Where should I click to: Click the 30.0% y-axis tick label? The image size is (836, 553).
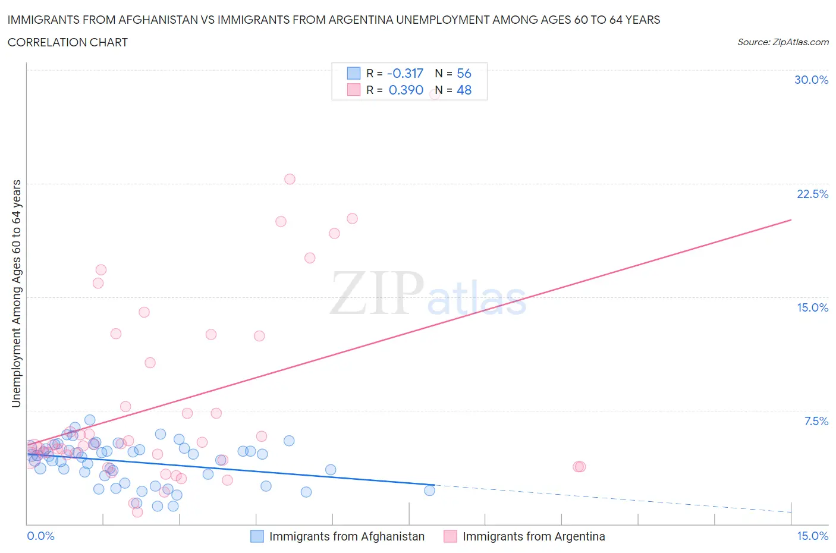(x=811, y=80)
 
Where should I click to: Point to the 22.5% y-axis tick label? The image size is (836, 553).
(x=812, y=194)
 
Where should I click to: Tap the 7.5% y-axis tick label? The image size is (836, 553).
(x=816, y=421)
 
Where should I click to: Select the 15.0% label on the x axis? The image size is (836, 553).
(x=812, y=536)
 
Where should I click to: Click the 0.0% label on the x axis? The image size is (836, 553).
(x=40, y=536)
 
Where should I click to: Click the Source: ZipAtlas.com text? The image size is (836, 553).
(x=782, y=42)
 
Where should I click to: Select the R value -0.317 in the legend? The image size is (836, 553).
(x=405, y=73)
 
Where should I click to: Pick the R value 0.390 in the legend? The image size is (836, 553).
(x=406, y=90)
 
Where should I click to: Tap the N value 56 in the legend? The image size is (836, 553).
(x=464, y=73)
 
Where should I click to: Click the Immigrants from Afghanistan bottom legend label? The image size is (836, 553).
(x=347, y=536)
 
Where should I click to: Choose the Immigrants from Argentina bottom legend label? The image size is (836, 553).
(x=533, y=536)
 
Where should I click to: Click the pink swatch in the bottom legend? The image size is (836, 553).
(x=450, y=536)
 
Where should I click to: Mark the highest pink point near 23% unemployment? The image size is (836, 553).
(x=290, y=179)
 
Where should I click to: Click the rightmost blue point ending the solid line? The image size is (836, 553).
(x=429, y=491)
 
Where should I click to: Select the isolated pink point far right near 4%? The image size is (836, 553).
(x=579, y=467)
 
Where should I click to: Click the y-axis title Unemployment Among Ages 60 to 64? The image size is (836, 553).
(x=17, y=294)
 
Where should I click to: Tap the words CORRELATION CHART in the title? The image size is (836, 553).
(x=68, y=42)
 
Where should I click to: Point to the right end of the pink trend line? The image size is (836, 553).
(x=791, y=220)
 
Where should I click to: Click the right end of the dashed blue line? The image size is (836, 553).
(x=791, y=512)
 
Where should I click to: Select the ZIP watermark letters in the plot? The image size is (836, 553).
(x=377, y=293)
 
